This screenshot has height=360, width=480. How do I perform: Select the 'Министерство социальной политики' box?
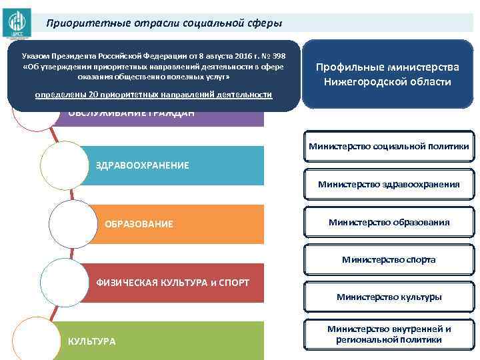(389, 146)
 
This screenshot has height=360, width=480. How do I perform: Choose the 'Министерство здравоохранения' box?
(389, 184)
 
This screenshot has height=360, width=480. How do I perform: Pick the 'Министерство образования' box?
(389, 222)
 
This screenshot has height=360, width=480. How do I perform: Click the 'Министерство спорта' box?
(389, 259)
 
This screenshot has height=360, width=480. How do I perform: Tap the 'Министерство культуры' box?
(389, 297)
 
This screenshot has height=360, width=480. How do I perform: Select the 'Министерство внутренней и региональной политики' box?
(389, 334)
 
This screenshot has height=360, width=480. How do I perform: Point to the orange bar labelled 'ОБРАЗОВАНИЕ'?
(173, 224)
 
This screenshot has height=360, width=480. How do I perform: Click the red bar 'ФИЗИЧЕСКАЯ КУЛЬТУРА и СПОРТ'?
(173, 283)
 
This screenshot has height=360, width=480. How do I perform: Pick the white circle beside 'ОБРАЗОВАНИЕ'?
(72, 223)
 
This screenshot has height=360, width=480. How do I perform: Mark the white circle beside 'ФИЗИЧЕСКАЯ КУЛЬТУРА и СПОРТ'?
(64, 281)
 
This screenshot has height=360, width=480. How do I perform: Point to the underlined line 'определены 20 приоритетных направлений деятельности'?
(154, 95)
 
